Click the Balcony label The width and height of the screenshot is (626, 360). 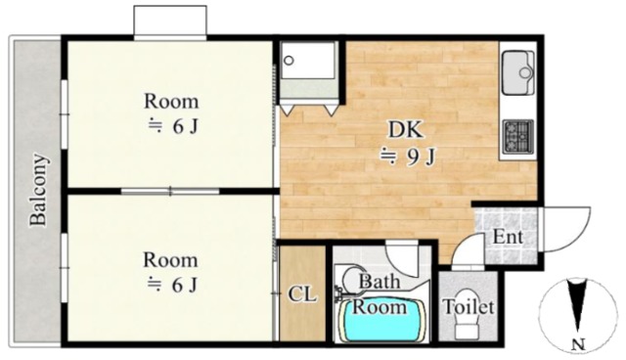point(39,190)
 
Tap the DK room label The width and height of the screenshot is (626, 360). point(406,130)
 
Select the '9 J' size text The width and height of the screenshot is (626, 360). point(420,157)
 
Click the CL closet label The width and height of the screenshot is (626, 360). point(302,294)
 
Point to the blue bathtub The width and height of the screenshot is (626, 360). point(379,320)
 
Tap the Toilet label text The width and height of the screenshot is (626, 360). point(469,306)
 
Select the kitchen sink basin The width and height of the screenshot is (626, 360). point(518,72)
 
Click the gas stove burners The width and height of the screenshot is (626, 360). point(518,137)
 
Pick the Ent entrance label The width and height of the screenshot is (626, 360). point(508,237)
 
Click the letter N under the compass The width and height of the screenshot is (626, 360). point(578,343)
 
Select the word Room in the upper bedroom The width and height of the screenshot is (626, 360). point(171,101)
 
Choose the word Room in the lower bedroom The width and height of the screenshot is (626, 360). point(170,260)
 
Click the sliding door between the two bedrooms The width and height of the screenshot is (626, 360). point(170,191)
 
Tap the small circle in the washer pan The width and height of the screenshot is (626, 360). point(289,61)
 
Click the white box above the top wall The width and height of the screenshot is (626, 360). point(170,22)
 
